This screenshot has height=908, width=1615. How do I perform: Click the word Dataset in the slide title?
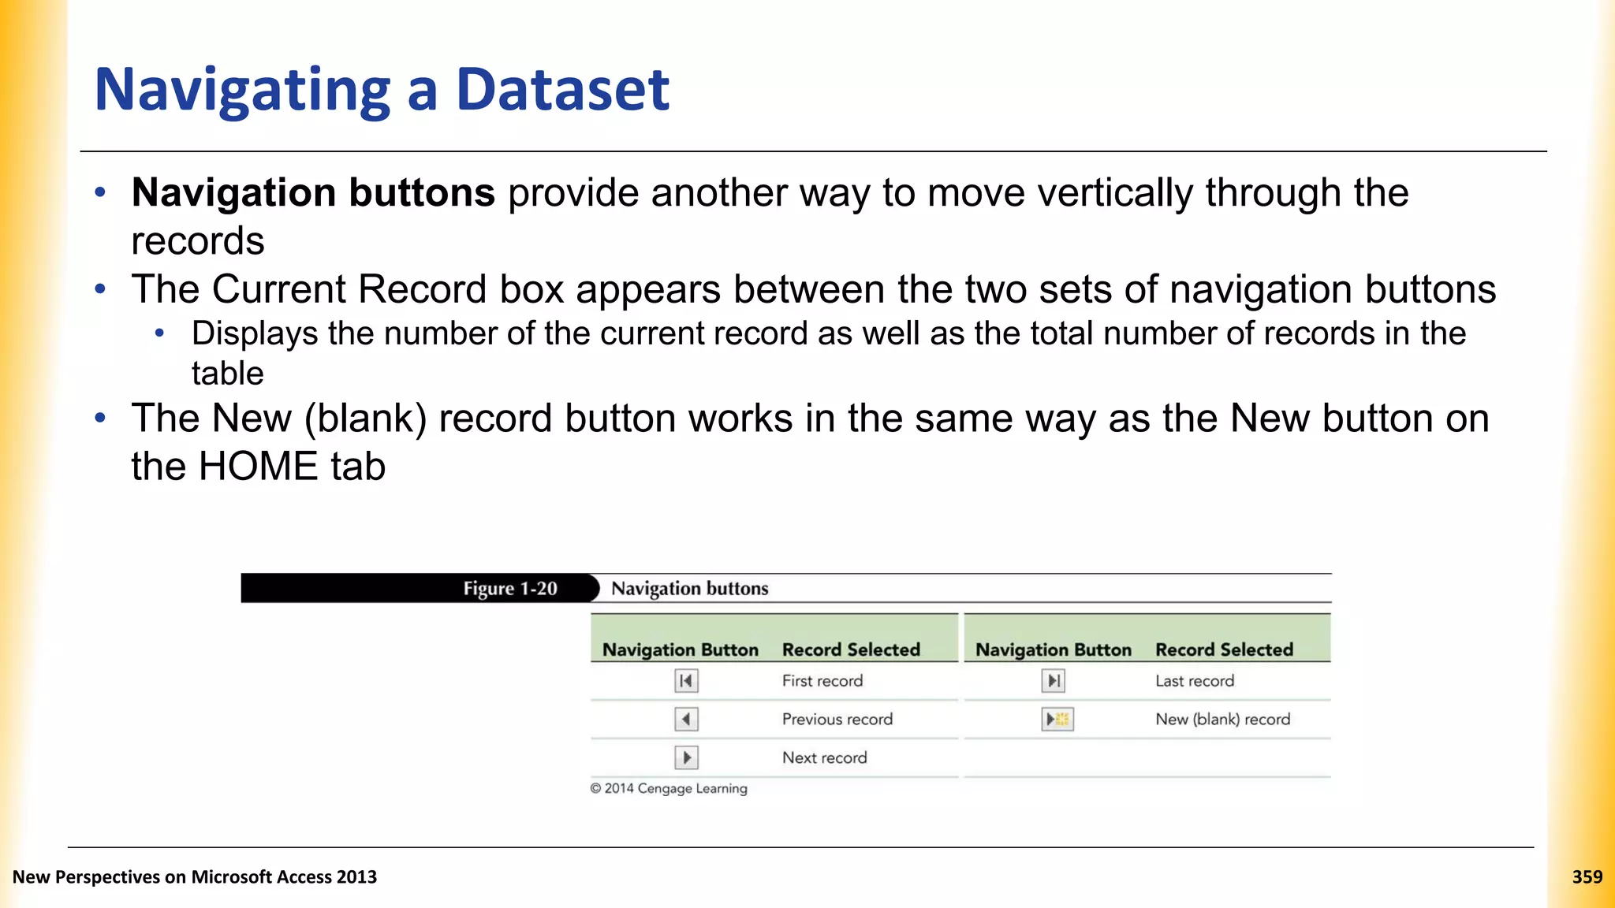(562, 89)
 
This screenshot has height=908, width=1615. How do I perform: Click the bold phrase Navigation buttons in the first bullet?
(313, 192)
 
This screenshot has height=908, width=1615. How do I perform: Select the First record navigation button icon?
(686, 680)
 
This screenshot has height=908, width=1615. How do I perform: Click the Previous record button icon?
(686, 719)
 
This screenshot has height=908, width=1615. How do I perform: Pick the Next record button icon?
(686, 757)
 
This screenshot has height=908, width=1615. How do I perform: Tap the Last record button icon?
(1053, 680)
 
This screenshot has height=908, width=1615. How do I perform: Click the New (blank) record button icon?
(1057, 719)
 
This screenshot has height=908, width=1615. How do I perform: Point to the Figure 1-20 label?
(509, 589)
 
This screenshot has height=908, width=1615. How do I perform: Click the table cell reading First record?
(822, 681)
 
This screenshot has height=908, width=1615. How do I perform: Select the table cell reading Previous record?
(837, 719)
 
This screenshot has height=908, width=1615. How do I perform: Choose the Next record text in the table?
(824, 757)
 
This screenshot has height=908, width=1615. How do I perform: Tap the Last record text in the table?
(1194, 681)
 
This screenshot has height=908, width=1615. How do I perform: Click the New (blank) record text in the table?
(1222, 719)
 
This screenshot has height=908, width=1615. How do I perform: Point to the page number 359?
(1587, 876)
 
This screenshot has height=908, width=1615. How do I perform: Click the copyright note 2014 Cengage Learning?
(669, 788)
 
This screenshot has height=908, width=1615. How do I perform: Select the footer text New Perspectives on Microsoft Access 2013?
(195, 876)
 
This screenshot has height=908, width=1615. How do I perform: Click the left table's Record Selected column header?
(851, 649)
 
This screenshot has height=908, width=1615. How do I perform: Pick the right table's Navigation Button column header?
(1053, 649)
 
